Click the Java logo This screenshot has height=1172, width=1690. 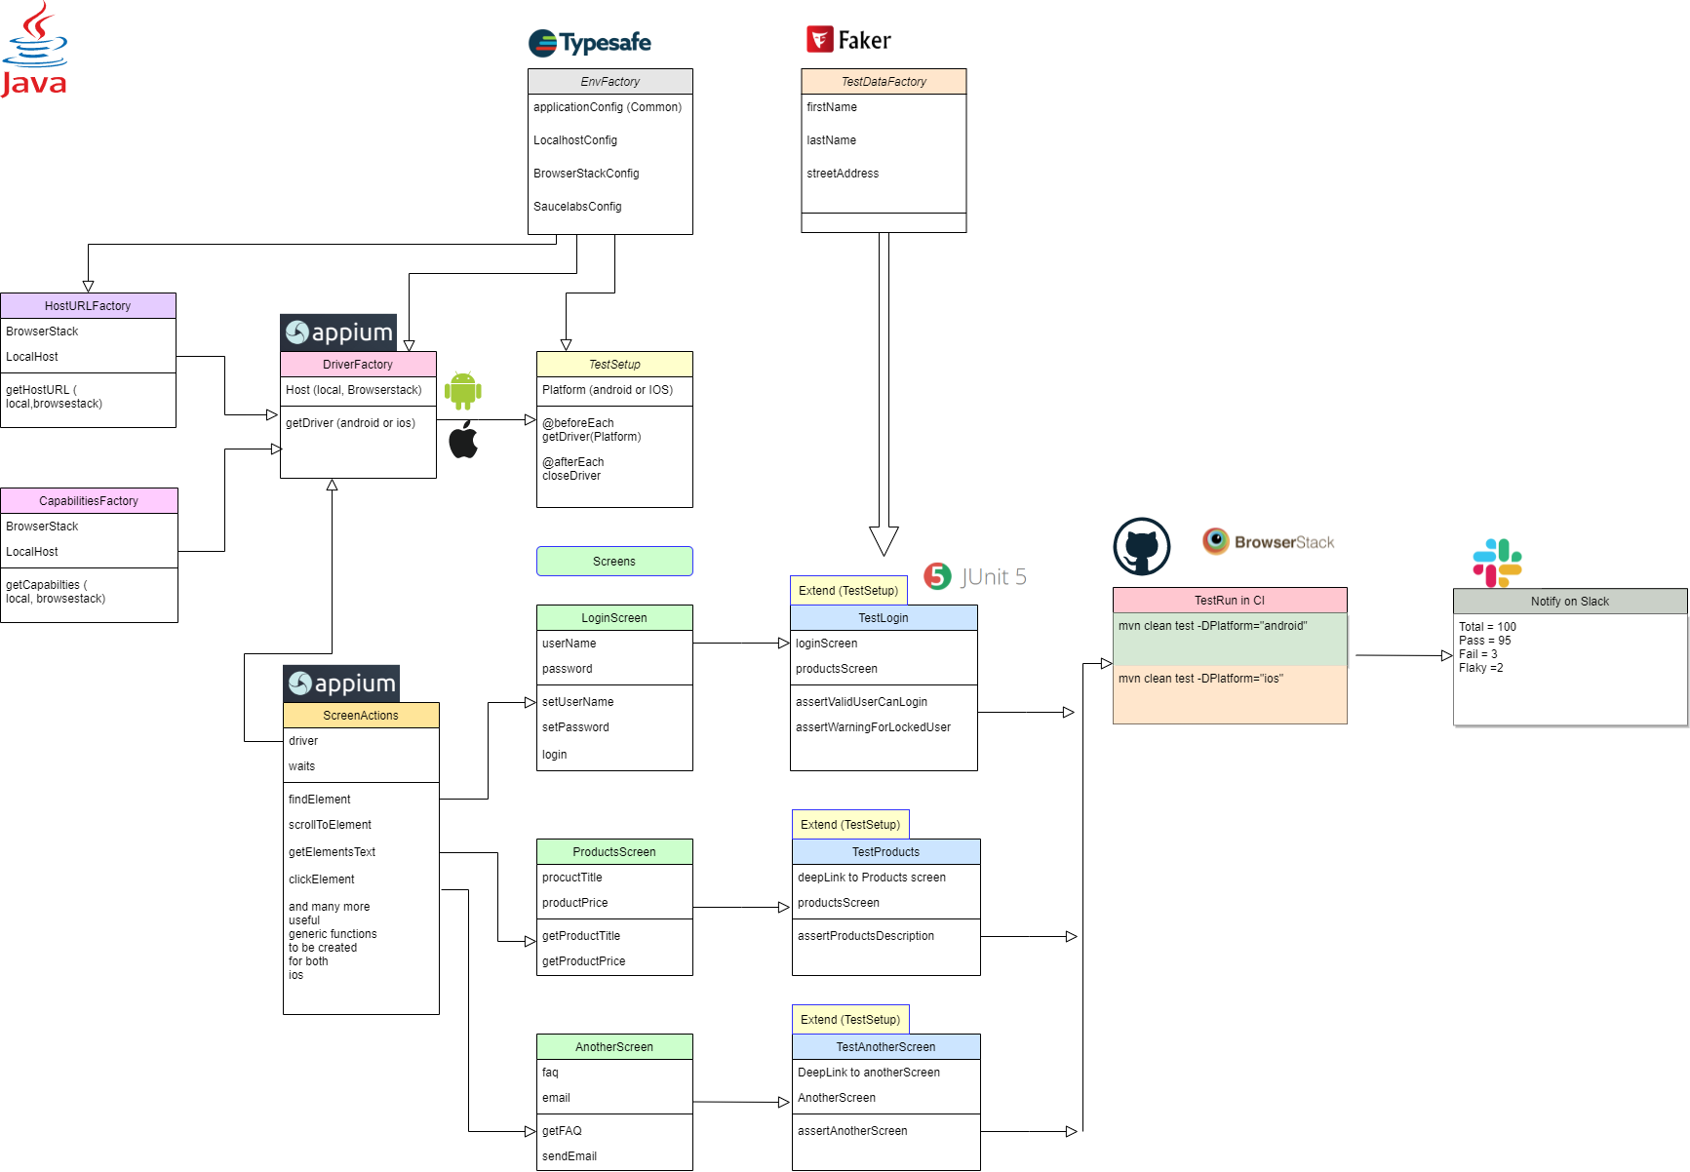click(34, 49)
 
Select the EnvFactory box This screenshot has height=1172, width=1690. click(610, 82)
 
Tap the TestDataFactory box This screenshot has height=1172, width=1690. click(884, 82)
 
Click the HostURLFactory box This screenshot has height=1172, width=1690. click(88, 306)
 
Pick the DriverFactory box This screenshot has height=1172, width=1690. click(358, 365)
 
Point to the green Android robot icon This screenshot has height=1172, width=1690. click(463, 390)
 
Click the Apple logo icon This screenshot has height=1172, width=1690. click(463, 441)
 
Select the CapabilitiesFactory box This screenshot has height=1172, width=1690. click(89, 501)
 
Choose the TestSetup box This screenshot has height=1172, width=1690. click(614, 365)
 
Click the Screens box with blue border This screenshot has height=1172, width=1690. click(614, 562)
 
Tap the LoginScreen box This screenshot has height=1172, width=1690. click(614, 618)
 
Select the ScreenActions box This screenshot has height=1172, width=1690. click(361, 716)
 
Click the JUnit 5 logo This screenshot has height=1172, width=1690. click(975, 576)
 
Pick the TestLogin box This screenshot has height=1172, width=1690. click(884, 618)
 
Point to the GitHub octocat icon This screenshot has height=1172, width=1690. click(1142, 546)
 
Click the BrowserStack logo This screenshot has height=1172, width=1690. click(1268, 543)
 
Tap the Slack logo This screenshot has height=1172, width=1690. click(1497, 564)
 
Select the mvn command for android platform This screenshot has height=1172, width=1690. click(1212, 626)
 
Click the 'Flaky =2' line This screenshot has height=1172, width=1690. click(1480, 668)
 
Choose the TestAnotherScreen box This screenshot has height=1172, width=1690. click(885, 1047)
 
